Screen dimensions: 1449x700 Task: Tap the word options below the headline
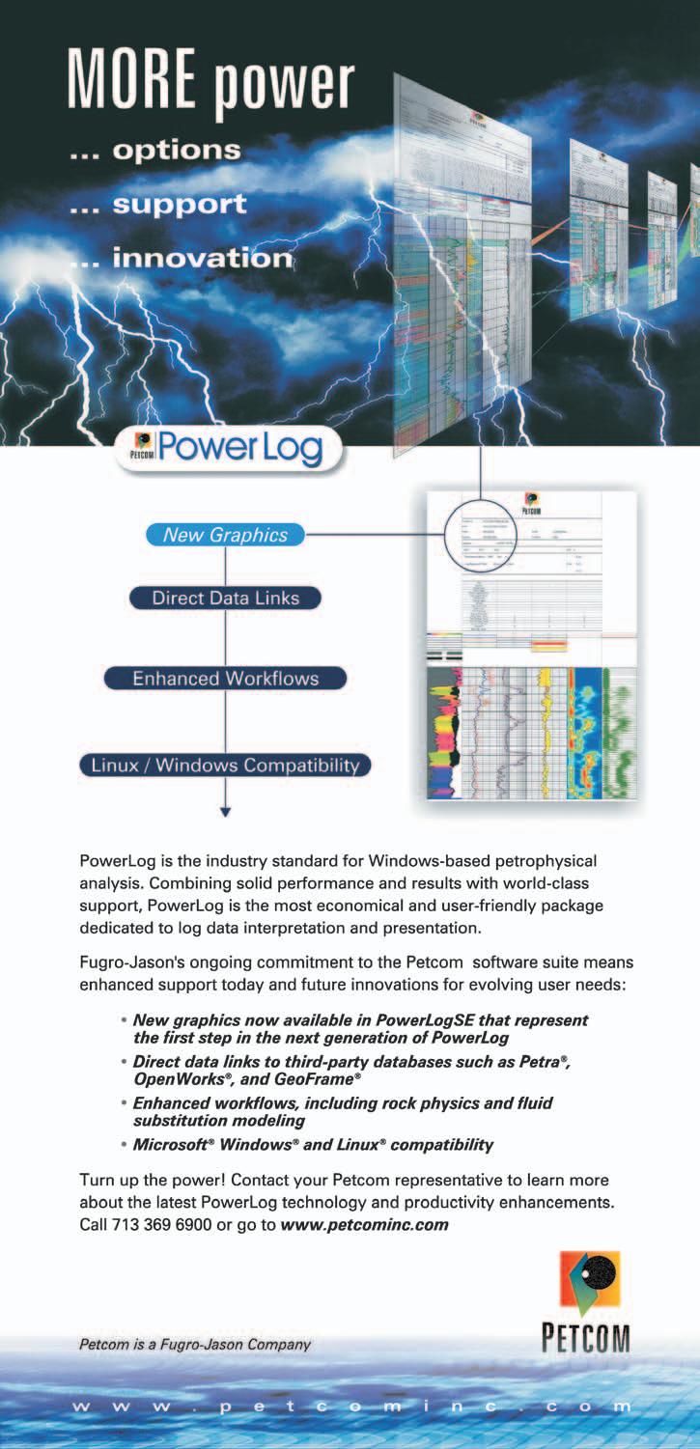pyautogui.click(x=177, y=151)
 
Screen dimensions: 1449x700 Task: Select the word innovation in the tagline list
pyautogui.click(x=203, y=258)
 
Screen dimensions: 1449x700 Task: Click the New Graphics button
pyautogui.click(x=225, y=535)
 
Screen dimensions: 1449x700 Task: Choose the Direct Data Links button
pyautogui.click(x=225, y=598)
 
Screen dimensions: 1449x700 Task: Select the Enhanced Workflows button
pyautogui.click(x=225, y=678)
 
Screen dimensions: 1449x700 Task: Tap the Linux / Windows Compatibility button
pyautogui.click(x=225, y=766)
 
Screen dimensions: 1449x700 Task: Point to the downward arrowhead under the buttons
pyautogui.click(x=226, y=812)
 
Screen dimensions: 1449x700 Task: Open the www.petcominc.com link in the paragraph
pyautogui.click(x=365, y=1225)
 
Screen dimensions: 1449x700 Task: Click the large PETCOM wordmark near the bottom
pyautogui.click(x=585, y=1340)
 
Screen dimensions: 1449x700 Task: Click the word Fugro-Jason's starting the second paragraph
pyautogui.click(x=128, y=962)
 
